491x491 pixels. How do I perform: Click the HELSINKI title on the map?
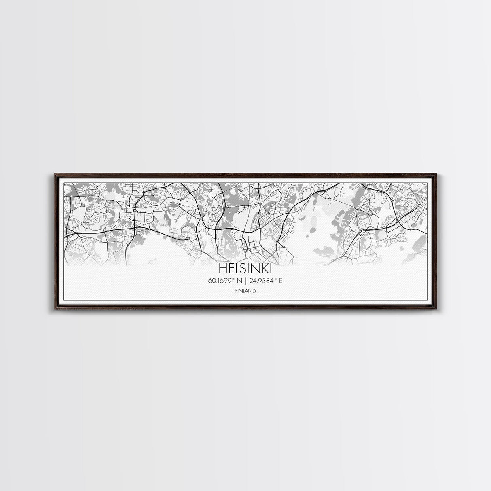pos(245,269)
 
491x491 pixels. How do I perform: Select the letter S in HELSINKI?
pos(241,269)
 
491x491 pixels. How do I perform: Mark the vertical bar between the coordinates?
pos(246,280)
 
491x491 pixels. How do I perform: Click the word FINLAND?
pos(245,290)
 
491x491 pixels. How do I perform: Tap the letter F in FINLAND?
pos(236,290)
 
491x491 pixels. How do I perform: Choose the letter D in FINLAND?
pos(254,290)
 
